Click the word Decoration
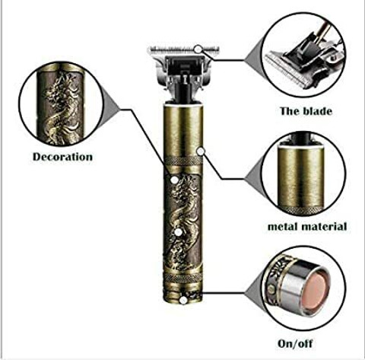click(x=62, y=157)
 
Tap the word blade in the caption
click(x=318, y=111)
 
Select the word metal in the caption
click(x=282, y=226)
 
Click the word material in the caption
click(x=323, y=226)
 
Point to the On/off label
click(x=295, y=343)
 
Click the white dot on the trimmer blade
click(x=198, y=49)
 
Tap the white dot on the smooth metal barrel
click(x=201, y=151)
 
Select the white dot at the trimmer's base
click(x=183, y=300)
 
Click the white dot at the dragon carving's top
click(x=174, y=180)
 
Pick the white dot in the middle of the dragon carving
click(x=179, y=232)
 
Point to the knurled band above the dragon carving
click(x=183, y=161)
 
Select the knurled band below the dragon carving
click(x=183, y=278)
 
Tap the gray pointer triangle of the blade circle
click(x=252, y=60)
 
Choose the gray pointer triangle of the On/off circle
click(x=252, y=293)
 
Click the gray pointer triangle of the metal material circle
click(x=253, y=179)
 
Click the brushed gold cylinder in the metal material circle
click(x=301, y=177)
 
